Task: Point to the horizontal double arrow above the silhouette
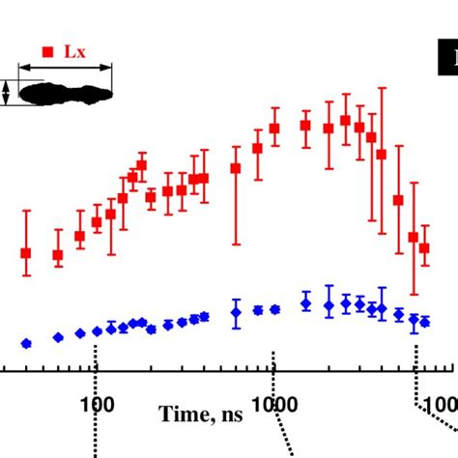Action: pos(66,68)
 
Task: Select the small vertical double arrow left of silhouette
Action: pos(8,93)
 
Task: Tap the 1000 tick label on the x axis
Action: pos(273,400)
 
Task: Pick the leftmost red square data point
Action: pos(26,253)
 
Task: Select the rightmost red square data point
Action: pos(424,248)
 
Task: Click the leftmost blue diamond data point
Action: pos(26,343)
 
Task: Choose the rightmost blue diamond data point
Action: pos(424,321)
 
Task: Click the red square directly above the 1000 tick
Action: pos(274,128)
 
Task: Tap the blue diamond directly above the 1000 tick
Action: pos(274,310)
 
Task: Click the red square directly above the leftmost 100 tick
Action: pos(97,221)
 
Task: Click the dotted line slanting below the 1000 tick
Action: pos(284,425)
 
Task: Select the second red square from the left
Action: pos(58,255)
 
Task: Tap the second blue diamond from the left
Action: pos(58,337)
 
